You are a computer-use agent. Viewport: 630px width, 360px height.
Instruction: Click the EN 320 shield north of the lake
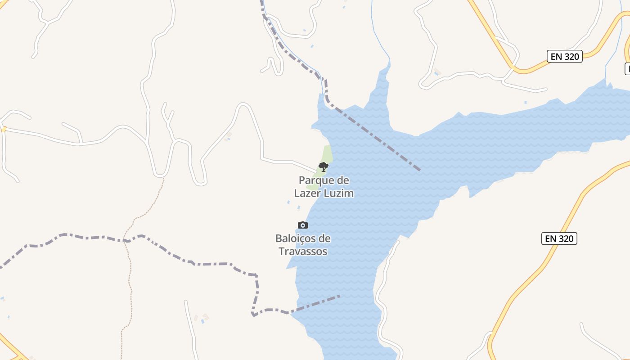point(565,56)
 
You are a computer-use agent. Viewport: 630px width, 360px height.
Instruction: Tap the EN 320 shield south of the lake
point(559,238)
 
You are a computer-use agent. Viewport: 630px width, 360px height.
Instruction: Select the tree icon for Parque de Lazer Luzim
point(323,167)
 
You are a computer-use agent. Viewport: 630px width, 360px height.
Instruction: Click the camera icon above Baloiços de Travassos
point(303,225)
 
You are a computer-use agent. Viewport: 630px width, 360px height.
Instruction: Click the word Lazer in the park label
point(308,193)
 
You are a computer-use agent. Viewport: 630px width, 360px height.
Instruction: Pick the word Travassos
point(303,251)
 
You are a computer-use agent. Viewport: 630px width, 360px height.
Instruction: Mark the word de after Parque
point(343,181)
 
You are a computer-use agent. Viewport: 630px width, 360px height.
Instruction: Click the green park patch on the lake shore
point(328,154)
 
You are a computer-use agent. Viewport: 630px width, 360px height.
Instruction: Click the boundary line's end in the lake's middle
point(419,170)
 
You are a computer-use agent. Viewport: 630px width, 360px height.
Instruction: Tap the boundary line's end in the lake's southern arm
point(341,296)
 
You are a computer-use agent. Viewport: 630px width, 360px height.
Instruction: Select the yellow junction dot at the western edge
point(4,129)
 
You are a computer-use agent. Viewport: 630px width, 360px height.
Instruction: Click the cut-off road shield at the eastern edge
point(627,68)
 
